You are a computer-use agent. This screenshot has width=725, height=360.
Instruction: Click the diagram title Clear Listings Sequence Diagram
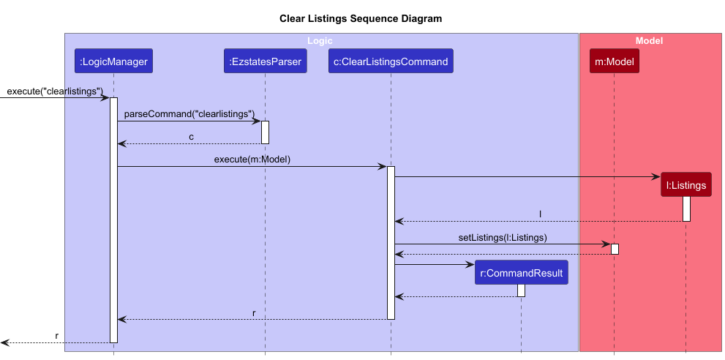361,18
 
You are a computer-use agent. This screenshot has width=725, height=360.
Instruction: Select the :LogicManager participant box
113,61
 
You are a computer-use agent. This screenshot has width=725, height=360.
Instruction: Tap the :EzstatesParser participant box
265,61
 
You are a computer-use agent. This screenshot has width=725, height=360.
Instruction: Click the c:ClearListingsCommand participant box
391,61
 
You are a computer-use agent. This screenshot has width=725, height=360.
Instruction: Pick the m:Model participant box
614,61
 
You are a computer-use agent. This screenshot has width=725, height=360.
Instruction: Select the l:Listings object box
685,185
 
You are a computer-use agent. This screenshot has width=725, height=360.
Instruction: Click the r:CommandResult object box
521,274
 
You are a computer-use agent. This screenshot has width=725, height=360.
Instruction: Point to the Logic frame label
320,41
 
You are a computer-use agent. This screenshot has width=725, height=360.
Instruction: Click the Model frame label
649,41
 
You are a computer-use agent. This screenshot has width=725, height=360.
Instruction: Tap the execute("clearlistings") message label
55,91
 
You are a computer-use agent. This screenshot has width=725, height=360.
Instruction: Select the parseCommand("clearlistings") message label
189,114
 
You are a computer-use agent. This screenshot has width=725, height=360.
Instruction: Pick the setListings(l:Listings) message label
503,238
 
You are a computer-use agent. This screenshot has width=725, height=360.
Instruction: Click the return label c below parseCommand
192,137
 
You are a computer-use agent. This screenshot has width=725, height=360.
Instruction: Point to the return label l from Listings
540,214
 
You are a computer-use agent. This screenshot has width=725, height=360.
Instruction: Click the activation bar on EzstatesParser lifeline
265,132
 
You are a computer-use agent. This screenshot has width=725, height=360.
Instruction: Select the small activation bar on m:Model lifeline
615,249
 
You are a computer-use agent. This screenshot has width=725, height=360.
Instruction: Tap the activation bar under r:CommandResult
521,290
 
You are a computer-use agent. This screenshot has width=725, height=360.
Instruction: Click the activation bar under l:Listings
686,209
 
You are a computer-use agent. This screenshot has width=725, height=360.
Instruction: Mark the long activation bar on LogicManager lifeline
113,220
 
